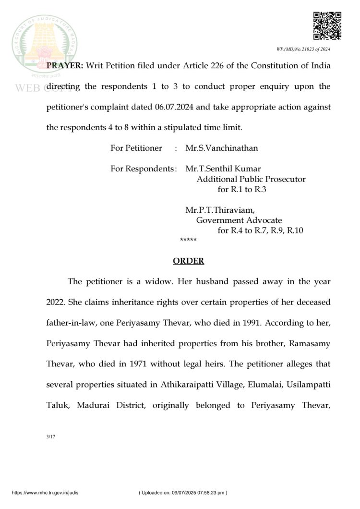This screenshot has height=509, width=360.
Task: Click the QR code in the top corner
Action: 327,26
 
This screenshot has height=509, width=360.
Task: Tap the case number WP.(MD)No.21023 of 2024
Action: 303,49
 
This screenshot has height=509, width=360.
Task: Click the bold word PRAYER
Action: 64,66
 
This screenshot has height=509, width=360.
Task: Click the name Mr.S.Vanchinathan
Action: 221,148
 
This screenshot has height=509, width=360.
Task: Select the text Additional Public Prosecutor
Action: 251,180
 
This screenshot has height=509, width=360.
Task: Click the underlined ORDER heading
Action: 188,261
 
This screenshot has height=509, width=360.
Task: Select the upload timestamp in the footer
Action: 182,493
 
